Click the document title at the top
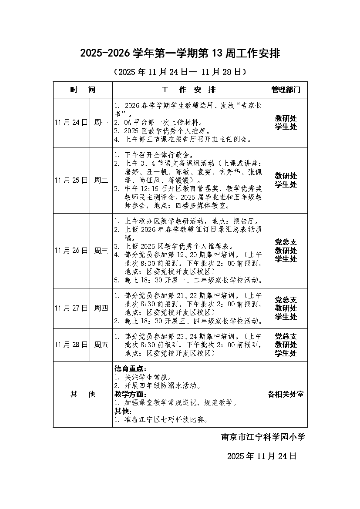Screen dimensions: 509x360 (179, 54)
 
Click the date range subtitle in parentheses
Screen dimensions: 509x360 (179, 72)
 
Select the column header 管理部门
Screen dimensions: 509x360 (286, 90)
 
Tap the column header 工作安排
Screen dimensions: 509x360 (188, 90)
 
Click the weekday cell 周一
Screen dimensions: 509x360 (101, 123)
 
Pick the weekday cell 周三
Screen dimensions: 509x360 (101, 251)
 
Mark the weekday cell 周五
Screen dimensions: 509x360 (101, 345)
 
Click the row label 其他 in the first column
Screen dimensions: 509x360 (83, 394)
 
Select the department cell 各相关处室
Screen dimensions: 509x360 (286, 394)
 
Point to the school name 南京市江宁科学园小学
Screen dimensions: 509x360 (263, 437)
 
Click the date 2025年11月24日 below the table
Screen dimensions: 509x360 (262, 456)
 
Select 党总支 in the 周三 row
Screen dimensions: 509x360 (286, 242)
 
